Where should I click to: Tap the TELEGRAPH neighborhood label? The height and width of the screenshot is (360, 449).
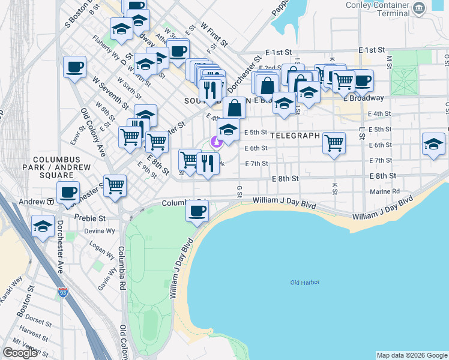point(295,136)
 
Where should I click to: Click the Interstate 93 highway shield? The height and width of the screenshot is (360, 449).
point(62,293)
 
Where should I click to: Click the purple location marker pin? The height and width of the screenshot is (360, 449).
point(216,142)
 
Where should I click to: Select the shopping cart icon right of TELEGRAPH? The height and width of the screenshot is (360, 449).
point(334,143)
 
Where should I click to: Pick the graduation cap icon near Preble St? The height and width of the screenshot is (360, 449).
point(42,226)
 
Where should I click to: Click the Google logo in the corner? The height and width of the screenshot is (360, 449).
point(20,353)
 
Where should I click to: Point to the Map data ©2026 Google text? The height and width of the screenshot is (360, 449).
point(411,355)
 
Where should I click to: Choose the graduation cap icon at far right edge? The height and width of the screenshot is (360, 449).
point(433,144)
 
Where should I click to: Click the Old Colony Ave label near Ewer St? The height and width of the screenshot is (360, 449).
point(93,133)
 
